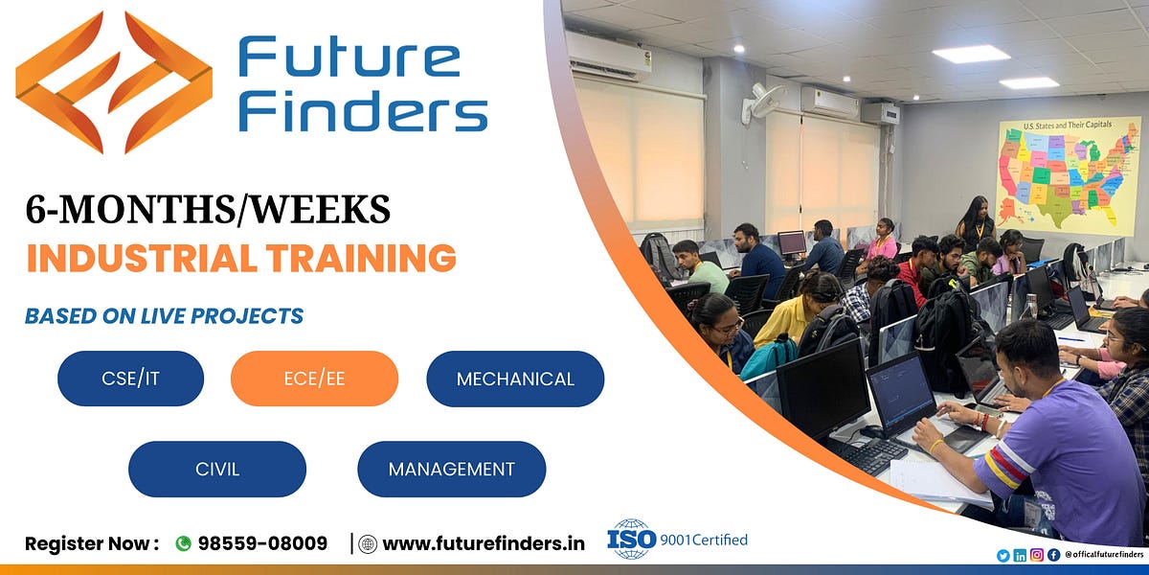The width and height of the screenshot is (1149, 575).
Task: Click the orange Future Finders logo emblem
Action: (x=113, y=82)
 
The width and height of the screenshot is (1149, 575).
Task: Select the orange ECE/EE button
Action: (x=314, y=379)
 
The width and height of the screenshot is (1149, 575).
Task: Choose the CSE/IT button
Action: (x=130, y=379)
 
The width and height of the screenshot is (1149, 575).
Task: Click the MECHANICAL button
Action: (x=515, y=379)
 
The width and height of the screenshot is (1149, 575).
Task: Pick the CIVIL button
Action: (x=217, y=469)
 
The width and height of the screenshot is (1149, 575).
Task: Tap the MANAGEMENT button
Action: (x=451, y=469)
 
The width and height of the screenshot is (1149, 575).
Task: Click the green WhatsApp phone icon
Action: (x=183, y=543)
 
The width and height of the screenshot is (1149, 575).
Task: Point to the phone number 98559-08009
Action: (x=262, y=543)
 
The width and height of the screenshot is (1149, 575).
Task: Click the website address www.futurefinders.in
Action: (x=483, y=543)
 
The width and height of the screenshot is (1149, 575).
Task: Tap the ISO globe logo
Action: (x=631, y=539)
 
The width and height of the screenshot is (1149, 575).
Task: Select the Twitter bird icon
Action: (x=1003, y=555)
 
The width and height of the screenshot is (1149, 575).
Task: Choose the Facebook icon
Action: (x=1053, y=555)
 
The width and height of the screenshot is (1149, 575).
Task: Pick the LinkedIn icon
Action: (x=1020, y=555)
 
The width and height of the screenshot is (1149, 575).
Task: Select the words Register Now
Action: (x=91, y=543)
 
